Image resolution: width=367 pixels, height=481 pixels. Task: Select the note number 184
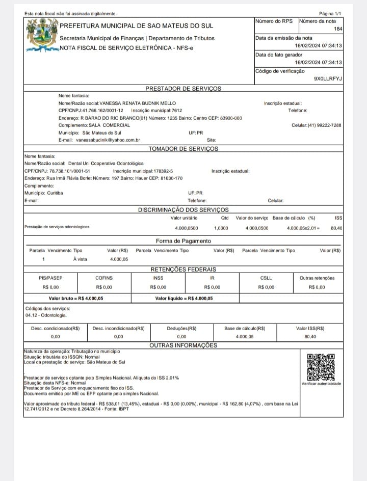tap(337, 29)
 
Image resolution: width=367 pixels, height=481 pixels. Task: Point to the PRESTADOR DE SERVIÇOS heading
tap(183, 88)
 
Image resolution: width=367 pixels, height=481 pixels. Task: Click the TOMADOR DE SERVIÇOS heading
tap(183, 149)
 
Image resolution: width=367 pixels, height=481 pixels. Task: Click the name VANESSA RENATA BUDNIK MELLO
tap(138, 103)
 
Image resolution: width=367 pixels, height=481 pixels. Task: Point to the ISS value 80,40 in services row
tap(336, 228)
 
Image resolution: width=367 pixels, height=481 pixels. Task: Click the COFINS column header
tap(104, 278)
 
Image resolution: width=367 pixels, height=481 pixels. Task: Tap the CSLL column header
tap(266, 278)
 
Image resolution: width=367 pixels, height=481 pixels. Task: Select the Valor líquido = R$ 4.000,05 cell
tap(184, 299)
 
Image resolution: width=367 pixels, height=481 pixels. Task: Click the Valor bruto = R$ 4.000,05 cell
tap(76, 299)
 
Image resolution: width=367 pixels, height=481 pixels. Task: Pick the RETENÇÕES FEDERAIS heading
tap(183, 269)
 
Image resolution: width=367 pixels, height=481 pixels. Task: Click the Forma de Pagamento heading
tap(183, 240)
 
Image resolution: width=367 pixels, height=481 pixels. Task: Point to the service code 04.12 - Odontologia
tap(43, 315)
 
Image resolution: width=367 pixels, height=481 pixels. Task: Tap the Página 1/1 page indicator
tap(330, 13)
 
